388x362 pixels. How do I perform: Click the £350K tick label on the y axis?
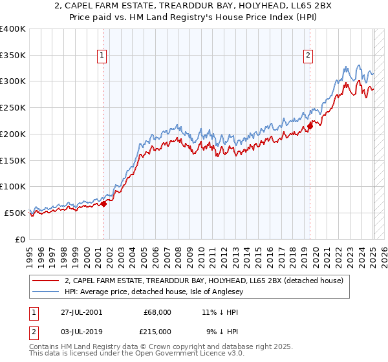tap(13, 56)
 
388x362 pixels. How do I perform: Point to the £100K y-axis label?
tap(13, 187)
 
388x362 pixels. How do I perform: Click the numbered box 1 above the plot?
tap(102, 56)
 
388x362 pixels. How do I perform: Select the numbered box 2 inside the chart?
tap(308, 56)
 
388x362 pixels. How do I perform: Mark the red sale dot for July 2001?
tap(104, 204)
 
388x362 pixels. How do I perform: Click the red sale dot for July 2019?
tap(310, 126)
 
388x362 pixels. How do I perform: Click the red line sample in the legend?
tap(45, 281)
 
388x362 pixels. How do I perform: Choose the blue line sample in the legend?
tap(45, 292)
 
